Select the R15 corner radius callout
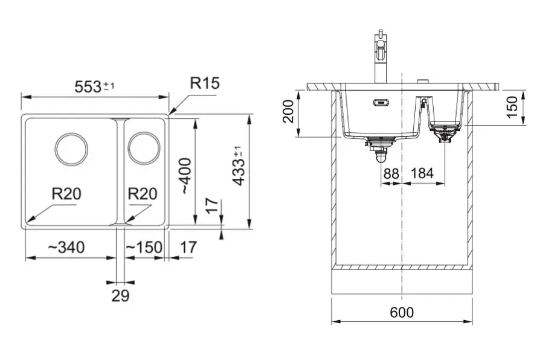coord(204,83)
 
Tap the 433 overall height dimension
coord(239,166)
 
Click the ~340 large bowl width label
coord(66,247)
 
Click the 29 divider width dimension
coord(121,296)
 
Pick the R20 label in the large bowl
coord(66,194)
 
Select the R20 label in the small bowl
coord(143,194)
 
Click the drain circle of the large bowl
coord(72,149)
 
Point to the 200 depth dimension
coord(289,111)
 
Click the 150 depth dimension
coord(512,107)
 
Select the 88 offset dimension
coord(391,173)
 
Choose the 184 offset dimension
coord(422,173)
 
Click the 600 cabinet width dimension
coord(402,312)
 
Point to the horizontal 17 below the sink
coord(188,247)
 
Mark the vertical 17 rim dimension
coord(210,207)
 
